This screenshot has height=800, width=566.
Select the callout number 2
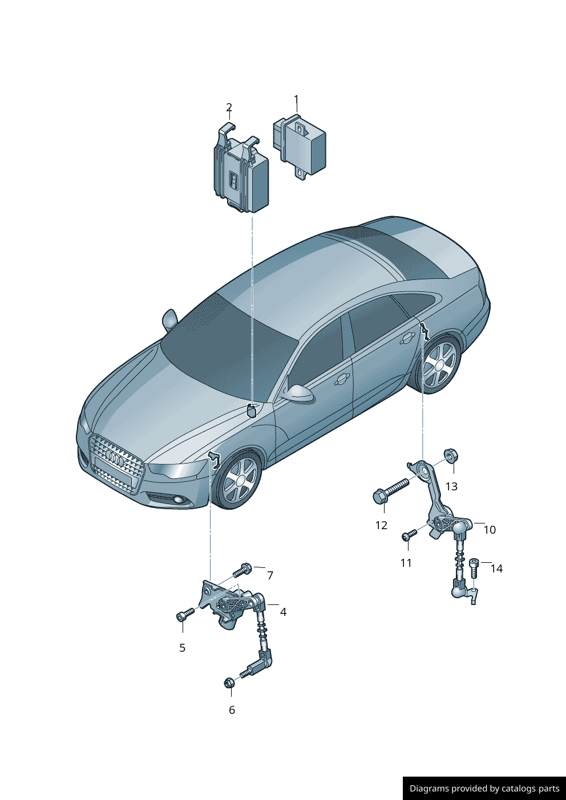pos(229,107)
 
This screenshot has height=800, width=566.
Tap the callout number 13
pos(451,486)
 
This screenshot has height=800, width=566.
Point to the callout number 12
pos(381,525)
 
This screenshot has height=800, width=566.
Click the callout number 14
pos(496,568)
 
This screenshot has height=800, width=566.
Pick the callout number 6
pos(232,710)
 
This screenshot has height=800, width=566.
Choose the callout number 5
pos(182,648)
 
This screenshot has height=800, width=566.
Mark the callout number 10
pos(490,530)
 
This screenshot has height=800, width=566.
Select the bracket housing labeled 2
pos(240,174)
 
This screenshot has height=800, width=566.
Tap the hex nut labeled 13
pos(451,456)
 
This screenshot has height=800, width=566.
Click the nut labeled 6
pos(229,682)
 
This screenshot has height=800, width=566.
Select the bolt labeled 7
pos(242,570)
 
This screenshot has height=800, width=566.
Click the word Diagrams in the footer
pos(428,789)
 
